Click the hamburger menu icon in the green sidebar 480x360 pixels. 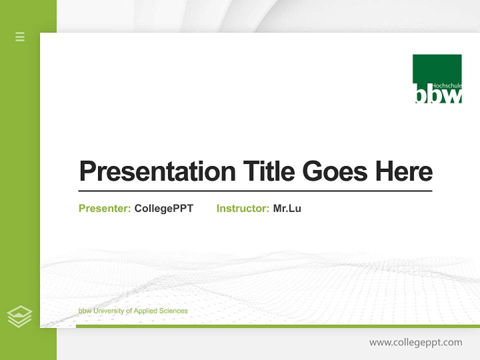point(20,36)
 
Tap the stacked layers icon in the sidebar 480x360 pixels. point(19,316)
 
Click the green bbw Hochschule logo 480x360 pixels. point(437,78)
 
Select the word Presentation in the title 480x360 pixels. point(157,171)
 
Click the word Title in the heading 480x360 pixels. point(268,171)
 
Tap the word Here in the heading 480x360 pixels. point(403,171)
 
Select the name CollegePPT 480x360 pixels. point(163,208)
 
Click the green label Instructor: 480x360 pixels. point(242,208)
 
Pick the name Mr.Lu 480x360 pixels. point(287,208)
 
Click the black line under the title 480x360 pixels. point(255,191)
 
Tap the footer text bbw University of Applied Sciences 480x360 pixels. point(133,311)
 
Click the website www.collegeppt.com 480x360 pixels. point(415,342)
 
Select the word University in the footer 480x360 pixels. point(108,311)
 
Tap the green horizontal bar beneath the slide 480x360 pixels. point(277,326)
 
